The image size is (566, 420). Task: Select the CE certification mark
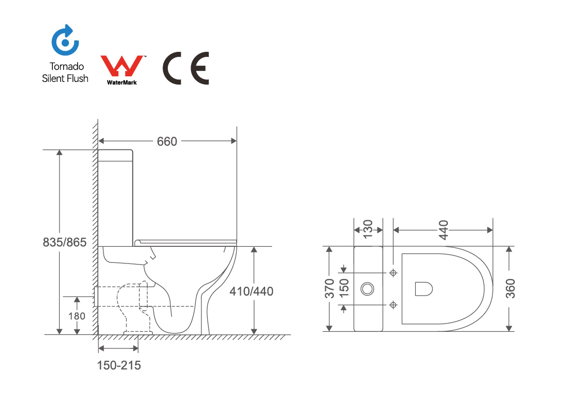186,68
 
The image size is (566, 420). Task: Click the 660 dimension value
167,141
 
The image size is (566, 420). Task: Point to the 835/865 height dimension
64,242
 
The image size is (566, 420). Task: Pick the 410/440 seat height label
252,291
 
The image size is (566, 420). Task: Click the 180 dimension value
77,315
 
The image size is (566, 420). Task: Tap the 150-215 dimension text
119,366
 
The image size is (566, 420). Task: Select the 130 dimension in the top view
368,228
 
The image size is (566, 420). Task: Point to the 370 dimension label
329,288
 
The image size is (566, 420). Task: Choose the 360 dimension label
510,288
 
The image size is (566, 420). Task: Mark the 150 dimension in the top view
343,288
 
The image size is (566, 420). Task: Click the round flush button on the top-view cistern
368,288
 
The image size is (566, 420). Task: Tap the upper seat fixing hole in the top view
393,272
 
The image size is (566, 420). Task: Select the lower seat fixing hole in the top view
393,305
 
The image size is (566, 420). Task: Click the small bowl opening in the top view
423,288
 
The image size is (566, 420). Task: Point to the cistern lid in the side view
116,151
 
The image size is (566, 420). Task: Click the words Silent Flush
65,78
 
